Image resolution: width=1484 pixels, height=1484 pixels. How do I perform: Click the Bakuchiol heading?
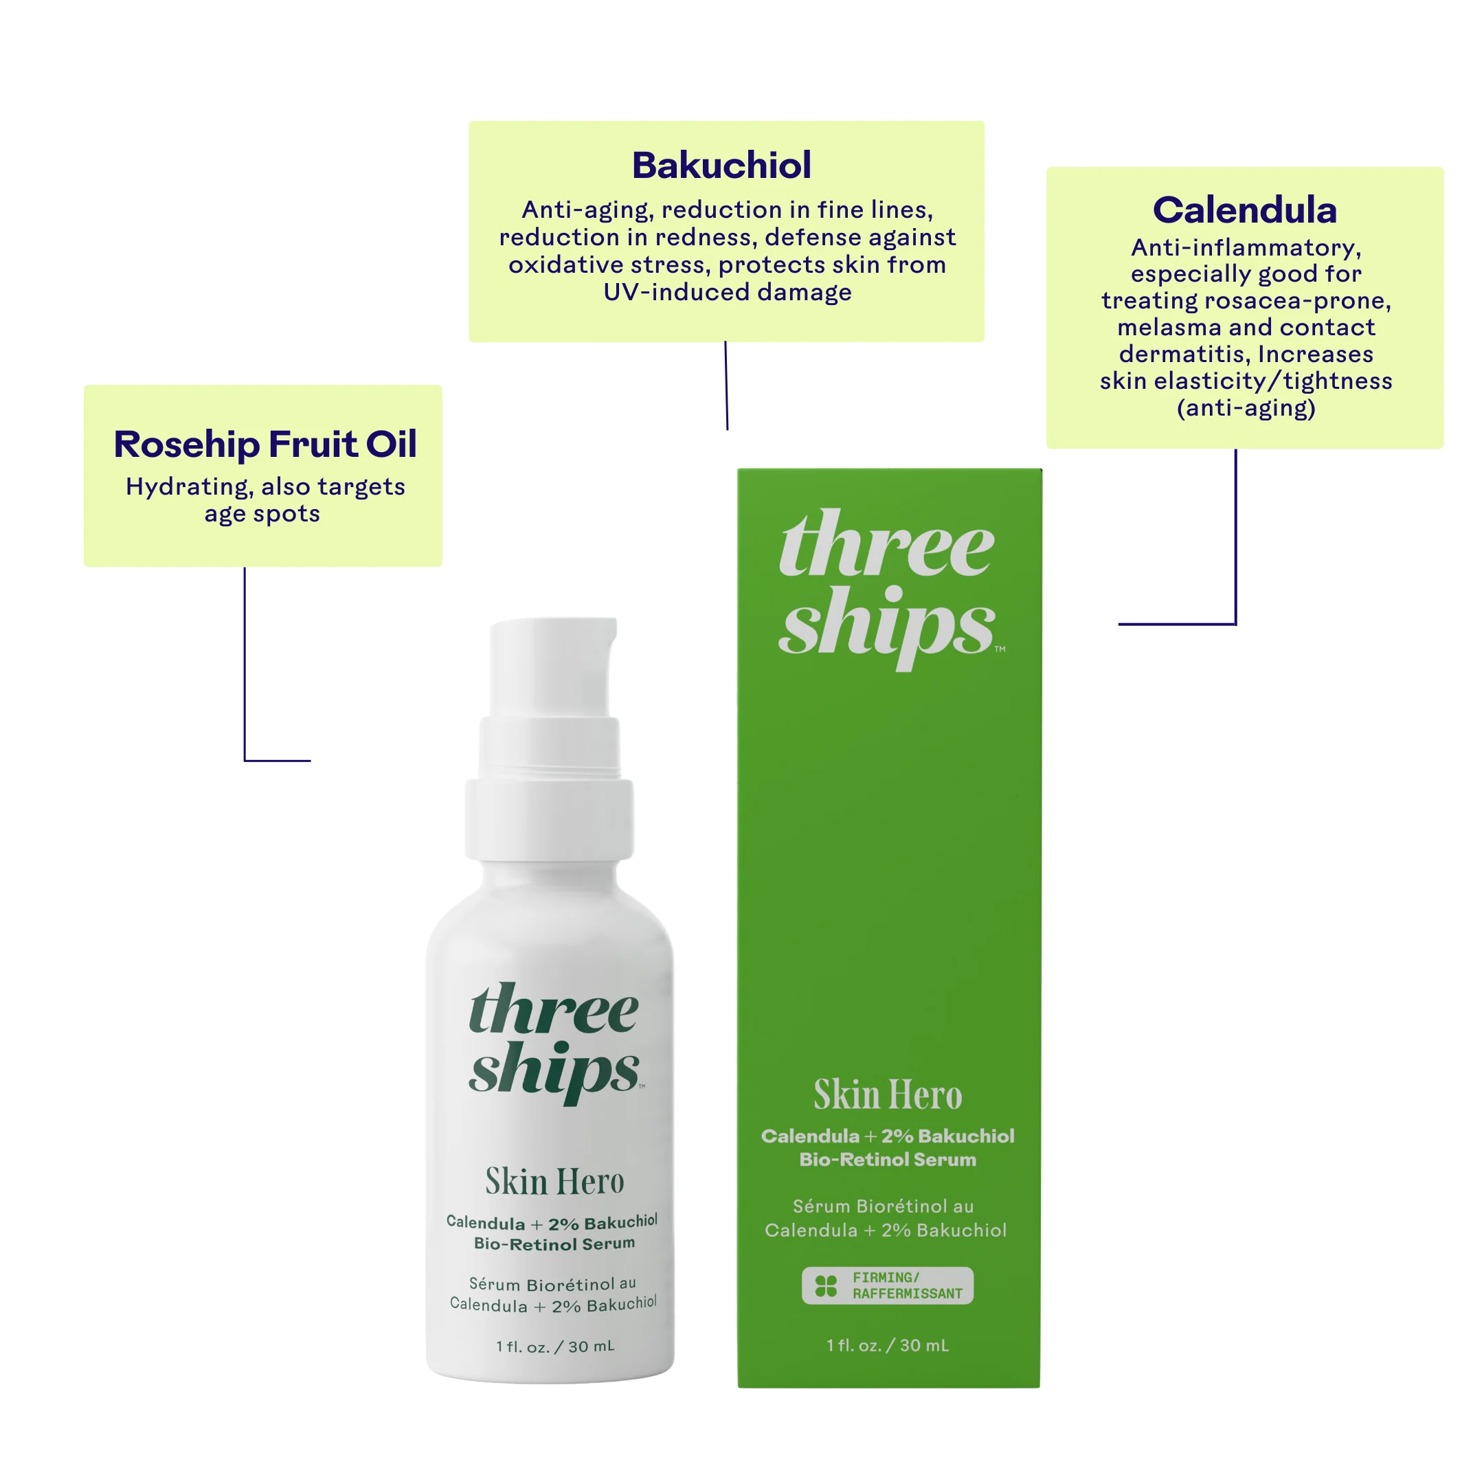click(x=721, y=165)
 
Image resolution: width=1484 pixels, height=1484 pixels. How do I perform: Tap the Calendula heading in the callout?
click(x=1244, y=210)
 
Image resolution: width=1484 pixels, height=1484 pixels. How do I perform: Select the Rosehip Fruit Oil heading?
click(x=265, y=444)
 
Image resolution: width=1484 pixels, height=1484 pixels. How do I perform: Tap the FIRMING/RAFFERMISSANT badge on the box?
click(x=887, y=1286)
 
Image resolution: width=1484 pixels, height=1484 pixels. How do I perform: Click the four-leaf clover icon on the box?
click(x=826, y=1286)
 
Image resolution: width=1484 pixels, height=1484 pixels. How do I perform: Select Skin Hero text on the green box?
click(x=888, y=1094)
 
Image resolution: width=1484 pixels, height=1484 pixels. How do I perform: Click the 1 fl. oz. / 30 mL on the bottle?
click(x=554, y=1347)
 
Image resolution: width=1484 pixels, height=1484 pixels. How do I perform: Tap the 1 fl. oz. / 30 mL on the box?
click(x=888, y=1345)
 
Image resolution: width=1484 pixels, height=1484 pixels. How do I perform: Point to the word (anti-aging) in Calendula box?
click(x=1246, y=408)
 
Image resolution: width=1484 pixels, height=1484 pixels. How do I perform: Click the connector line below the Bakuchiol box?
click(x=726, y=385)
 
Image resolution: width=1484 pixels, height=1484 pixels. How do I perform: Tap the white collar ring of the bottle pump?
click(x=549, y=820)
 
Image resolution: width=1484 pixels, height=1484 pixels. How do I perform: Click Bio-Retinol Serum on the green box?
click(x=888, y=1159)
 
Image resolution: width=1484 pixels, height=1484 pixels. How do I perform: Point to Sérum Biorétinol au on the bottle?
click(x=552, y=1284)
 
